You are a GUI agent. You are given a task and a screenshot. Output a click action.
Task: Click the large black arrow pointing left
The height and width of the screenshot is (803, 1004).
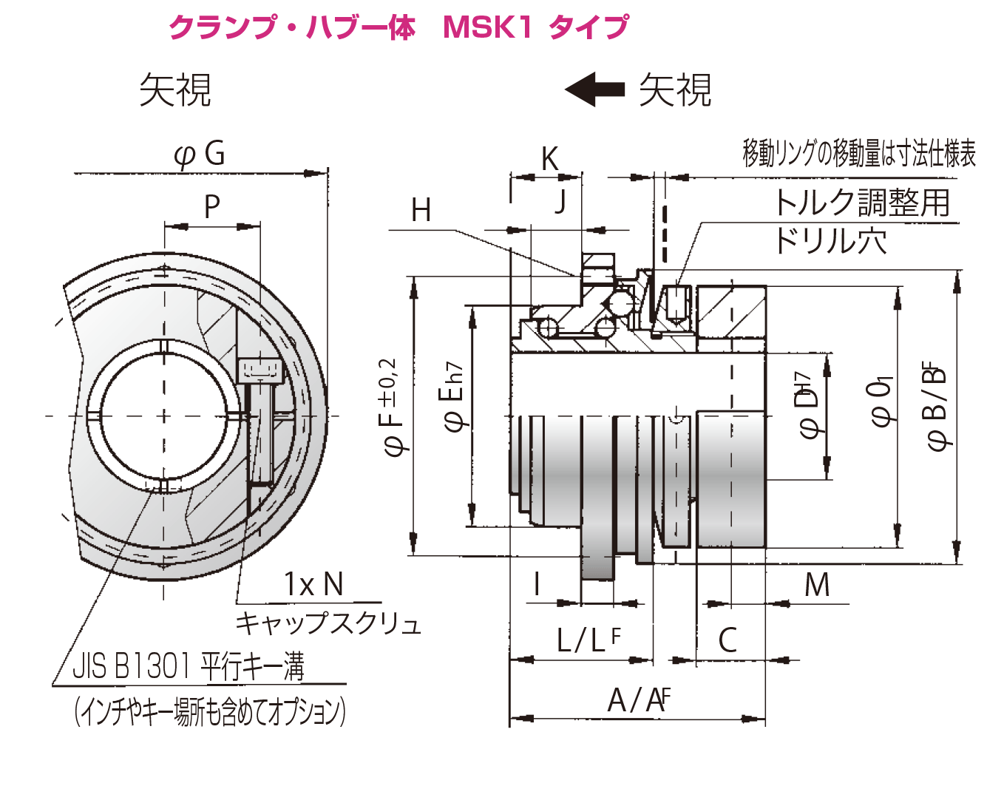tap(594, 89)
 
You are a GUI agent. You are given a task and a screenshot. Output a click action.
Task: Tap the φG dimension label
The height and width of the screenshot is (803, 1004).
tap(199, 154)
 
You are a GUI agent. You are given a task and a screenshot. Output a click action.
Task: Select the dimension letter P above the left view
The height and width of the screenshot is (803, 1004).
tap(211, 207)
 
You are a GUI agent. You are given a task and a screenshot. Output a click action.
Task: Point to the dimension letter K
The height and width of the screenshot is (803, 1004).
tap(549, 159)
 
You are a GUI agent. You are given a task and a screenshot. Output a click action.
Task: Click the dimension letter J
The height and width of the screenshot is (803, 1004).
tap(560, 201)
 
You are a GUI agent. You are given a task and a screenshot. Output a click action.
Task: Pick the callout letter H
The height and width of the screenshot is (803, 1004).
tap(421, 211)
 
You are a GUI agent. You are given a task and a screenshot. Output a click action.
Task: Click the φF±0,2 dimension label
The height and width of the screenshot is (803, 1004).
tap(392, 407)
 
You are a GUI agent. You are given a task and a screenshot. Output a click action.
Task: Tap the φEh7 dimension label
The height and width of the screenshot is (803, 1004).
tap(453, 396)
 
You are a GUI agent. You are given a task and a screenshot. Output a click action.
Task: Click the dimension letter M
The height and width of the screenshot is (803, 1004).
tap(817, 585)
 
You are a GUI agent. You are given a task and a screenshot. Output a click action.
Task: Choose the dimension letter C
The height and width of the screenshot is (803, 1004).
tap(727, 640)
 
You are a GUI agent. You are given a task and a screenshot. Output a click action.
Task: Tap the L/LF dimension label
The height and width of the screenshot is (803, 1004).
tap(588, 640)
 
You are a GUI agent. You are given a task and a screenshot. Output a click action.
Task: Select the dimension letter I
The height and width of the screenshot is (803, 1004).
tap(537, 584)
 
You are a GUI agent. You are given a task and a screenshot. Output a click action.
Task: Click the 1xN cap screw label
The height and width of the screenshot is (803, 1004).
tap(313, 584)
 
